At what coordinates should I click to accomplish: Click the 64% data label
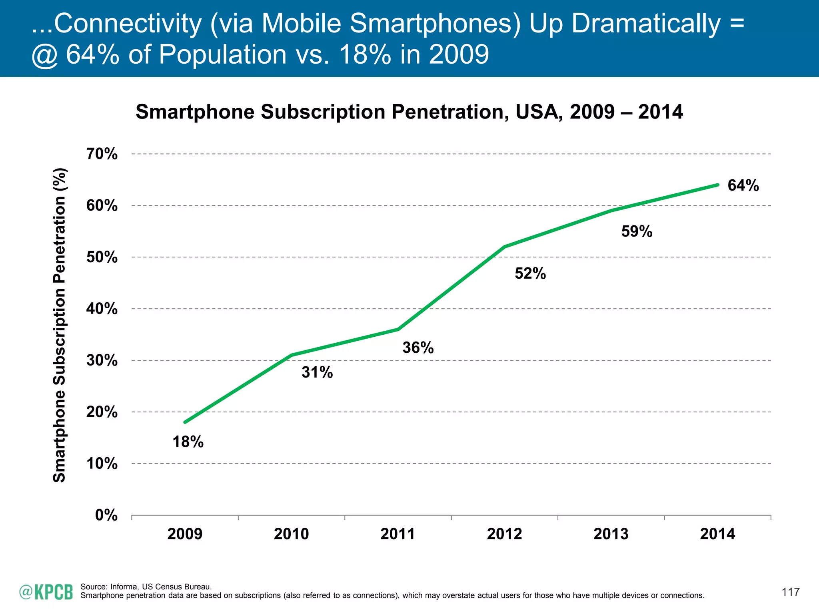(x=743, y=185)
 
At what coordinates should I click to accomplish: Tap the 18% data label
(x=188, y=442)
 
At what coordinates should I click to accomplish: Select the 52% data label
(x=530, y=273)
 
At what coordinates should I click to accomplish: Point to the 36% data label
(x=418, y=348)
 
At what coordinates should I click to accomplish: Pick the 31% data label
(x=317, y=372)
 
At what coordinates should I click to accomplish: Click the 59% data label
(x=637, y=231)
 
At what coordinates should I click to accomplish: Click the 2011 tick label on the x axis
(x=398, y=534)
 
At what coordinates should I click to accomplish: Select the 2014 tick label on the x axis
(x=717, y=534)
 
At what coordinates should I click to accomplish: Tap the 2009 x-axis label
(x=185, y=534)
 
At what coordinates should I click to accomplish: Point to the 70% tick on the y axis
(x=102, y=154)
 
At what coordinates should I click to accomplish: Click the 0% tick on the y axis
(x=106, y=515)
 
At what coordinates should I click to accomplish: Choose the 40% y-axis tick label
(x=102, y=309)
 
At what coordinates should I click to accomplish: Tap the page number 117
(x=791, y=592)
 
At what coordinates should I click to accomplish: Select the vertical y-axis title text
(x=60, y=325)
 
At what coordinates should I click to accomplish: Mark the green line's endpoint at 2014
(x=718, y=185)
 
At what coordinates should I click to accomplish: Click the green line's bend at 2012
(x=505, y=247)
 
